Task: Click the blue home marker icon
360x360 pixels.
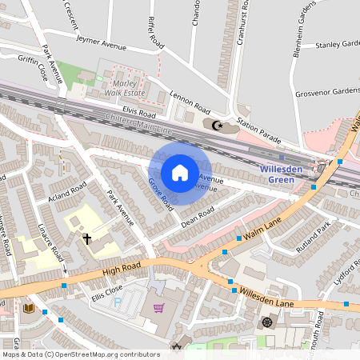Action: click(179, 173)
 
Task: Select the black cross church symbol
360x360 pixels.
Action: click(87, 238)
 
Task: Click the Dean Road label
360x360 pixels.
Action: click(197, 216)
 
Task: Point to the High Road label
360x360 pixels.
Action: click(121, 270)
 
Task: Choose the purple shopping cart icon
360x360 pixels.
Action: click(158, 308)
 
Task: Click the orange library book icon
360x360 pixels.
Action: click(29, 309)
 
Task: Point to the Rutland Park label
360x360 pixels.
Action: click(312, 240)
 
